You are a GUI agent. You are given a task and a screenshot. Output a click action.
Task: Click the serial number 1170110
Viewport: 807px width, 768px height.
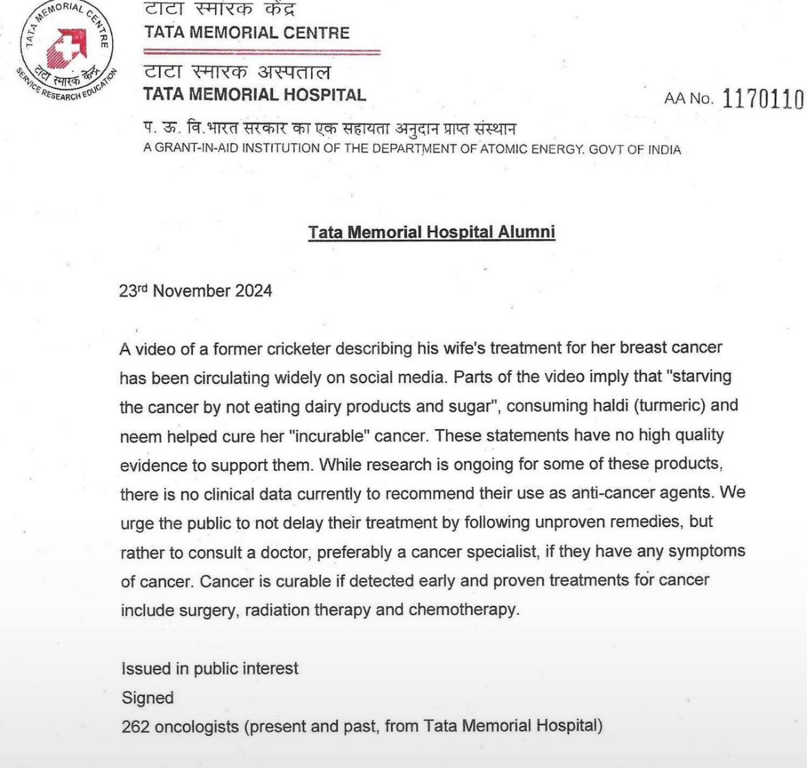[x=763, y=100]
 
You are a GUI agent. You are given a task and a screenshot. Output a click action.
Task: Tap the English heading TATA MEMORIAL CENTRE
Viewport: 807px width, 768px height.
[x=246, y=33]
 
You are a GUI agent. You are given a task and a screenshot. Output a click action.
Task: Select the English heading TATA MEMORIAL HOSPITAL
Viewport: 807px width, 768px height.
[x=255, y=94]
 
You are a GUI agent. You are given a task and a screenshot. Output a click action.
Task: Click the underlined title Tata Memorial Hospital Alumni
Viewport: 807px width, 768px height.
[x=431, y=232]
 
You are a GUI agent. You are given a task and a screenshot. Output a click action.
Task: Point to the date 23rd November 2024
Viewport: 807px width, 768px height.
[x=196, y=291]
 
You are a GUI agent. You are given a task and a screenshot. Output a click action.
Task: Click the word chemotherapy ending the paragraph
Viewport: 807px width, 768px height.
[x=462, y=609]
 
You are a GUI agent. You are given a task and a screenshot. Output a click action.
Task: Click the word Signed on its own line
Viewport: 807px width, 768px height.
[x=147, y=697]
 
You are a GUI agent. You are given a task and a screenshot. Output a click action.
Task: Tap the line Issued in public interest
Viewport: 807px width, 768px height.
[x=209, y=668]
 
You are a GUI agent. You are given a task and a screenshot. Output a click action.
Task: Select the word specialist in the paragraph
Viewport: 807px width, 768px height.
[x=537, y=552]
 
